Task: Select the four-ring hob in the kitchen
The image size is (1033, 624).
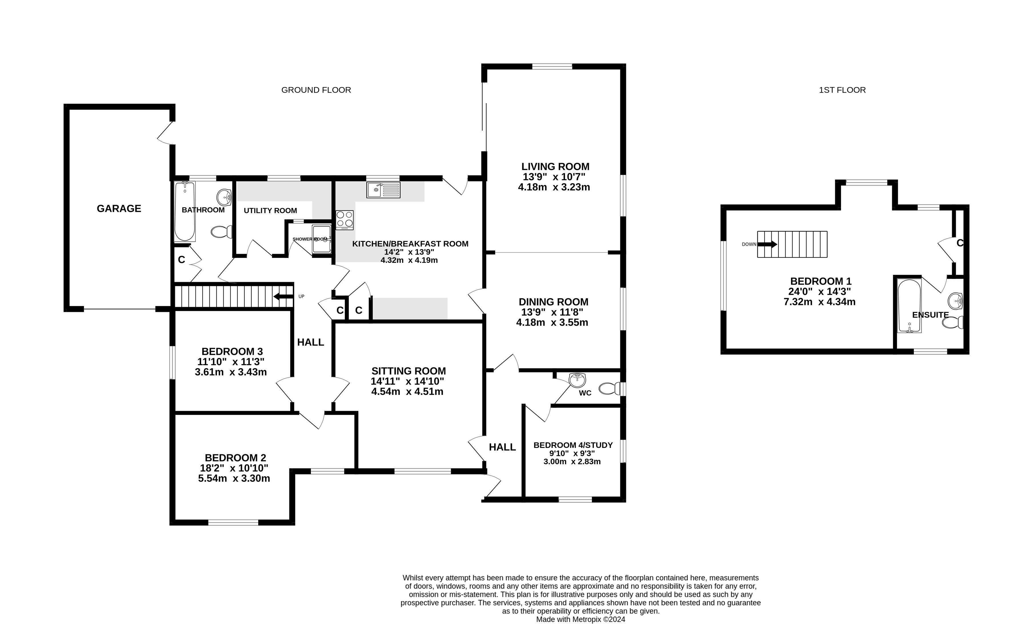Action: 345,220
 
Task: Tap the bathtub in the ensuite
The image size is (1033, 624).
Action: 909,306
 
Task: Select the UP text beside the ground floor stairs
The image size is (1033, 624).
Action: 301,297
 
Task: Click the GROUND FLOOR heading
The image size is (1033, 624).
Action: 316,90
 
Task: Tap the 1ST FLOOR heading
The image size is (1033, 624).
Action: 842,90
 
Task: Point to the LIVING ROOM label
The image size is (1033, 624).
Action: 555,167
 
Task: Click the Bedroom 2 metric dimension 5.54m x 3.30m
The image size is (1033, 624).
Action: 234,478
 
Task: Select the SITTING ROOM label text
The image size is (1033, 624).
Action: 408,371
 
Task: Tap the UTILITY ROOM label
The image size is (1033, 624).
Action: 271,211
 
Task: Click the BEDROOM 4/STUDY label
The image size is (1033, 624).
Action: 573,445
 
